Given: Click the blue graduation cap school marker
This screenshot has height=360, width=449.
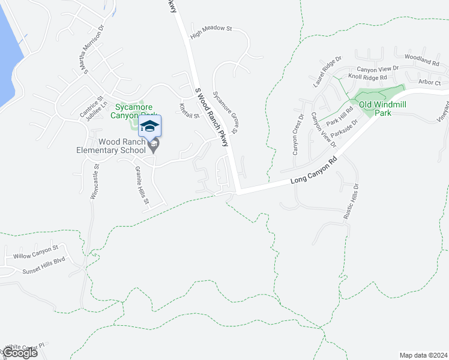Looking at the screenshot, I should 149,126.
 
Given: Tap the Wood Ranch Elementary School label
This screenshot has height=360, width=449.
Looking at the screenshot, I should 114,146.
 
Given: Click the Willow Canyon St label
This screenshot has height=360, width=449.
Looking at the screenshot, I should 35,251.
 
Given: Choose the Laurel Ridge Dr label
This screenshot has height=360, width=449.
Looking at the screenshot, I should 327,71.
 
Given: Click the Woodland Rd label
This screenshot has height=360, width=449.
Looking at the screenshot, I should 418,59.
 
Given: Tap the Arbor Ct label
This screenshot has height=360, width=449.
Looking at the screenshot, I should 430,82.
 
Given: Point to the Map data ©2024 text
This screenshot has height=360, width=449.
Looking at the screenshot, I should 423,355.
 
